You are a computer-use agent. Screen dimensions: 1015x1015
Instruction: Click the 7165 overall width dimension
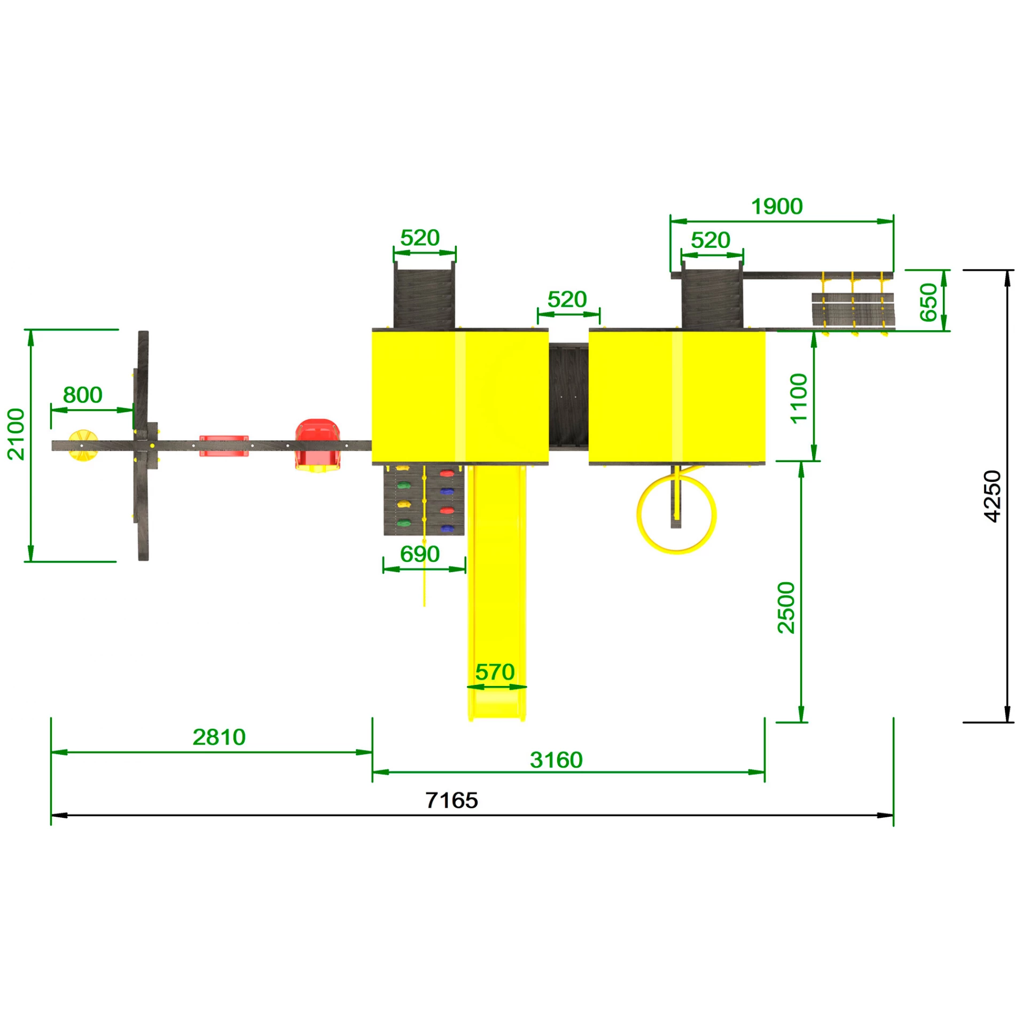click(452, 800)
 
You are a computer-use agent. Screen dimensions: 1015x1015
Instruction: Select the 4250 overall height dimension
click(992, 496)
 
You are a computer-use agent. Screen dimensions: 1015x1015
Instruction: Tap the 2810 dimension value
click(219, 737)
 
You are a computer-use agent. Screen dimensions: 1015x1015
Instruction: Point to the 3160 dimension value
click(556, 760)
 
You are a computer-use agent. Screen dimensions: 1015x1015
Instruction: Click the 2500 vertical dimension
click(786, 608)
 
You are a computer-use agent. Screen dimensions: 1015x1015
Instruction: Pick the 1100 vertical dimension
click(799, 399)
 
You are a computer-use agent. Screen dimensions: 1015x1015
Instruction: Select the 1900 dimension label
click(777, 206)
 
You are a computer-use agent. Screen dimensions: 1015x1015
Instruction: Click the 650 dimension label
click(928, 302)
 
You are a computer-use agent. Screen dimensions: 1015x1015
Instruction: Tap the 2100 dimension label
click(16, 434)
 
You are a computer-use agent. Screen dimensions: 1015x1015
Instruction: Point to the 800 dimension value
click(83, 395)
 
